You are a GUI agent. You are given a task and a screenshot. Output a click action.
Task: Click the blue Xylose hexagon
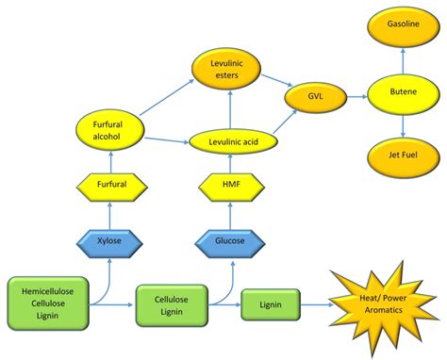(111, 242)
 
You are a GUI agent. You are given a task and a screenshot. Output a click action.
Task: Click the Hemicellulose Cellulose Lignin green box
(48, 303)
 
